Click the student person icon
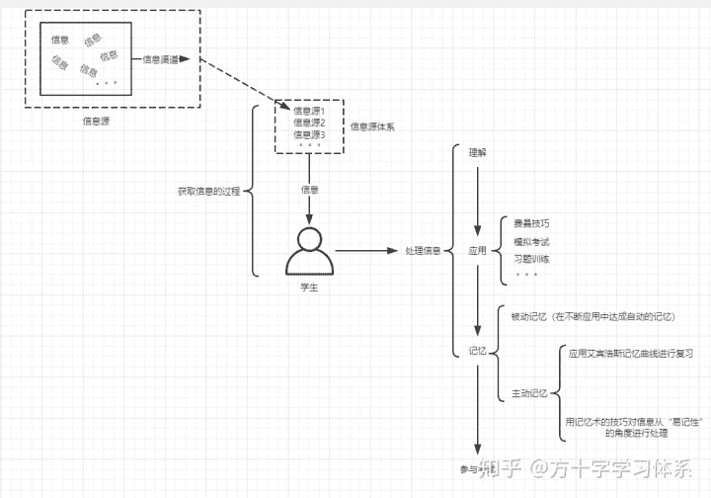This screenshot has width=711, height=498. tap(309, 252)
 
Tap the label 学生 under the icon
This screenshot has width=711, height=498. tap(309, 287)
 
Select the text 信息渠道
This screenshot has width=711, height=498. tap(161, 59)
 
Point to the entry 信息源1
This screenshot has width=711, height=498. tap(309, 111)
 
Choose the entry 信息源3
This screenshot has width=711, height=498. tap(309, 134)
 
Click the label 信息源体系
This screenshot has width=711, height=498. tap(372, 127)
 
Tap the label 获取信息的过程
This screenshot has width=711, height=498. tap(208, 191)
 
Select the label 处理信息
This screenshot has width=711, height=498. tap(423, 251)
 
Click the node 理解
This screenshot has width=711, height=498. tap(478, 154)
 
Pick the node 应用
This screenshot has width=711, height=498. tap(478, 251)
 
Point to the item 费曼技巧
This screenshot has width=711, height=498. tap(531, 223)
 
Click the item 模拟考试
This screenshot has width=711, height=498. tap(531, 241)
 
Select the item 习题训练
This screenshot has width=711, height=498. tap(531, 259)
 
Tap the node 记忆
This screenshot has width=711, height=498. tap(478, 350)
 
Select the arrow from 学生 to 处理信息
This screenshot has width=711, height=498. tap(366, 251)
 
